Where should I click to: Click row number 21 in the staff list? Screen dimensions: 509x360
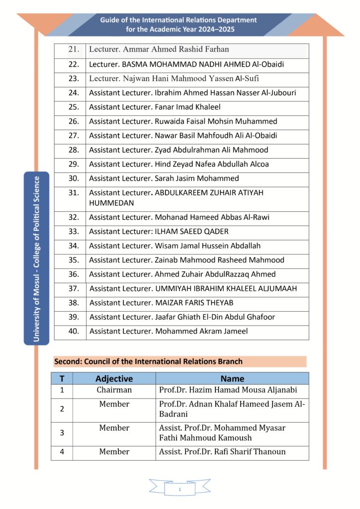[x=74, y=50]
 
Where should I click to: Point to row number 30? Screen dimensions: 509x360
[x=74, y=178]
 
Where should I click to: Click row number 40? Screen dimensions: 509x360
[x=74, y=331]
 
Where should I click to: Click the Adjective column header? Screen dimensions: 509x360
[x=114, y=378]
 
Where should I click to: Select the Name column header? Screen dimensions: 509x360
[x=232, y=378]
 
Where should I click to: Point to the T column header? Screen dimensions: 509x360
[x=62, y=378]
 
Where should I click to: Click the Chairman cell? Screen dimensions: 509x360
[x=114, y=390]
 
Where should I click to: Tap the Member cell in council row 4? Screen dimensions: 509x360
[x=114, y=452]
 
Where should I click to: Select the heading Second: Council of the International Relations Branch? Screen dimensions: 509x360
[x=148, y=361]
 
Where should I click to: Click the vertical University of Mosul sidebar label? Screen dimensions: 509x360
[x=37, y=258]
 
